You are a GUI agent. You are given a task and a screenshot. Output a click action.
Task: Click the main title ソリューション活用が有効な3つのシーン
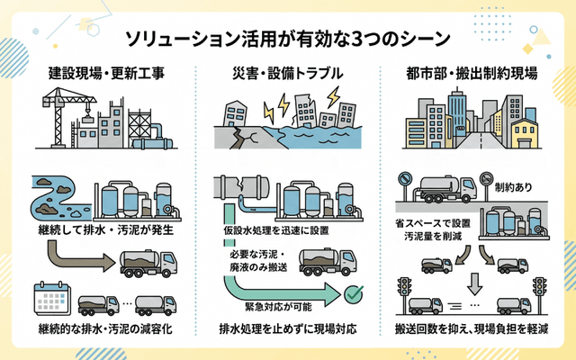pyautogui.click(x=287, y=37)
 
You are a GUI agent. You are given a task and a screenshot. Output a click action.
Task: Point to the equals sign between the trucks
pyautogui.click(x=470, y=303)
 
